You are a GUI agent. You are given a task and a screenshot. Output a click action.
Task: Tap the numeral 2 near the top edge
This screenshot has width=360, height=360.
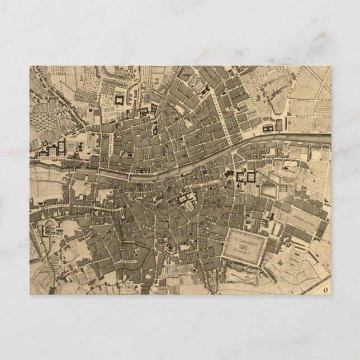(158, 80)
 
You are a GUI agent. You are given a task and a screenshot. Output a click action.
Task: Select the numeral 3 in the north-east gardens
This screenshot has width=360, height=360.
(258, 97)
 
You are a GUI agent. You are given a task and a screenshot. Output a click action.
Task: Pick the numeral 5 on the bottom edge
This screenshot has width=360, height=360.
(182, 281)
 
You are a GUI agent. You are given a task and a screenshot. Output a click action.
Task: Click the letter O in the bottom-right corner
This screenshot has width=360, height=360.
(326, 290)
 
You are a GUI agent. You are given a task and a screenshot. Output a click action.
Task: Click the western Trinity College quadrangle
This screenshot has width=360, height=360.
(241, 178)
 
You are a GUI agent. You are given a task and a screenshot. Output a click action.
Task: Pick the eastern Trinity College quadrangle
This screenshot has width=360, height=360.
(251, 178)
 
